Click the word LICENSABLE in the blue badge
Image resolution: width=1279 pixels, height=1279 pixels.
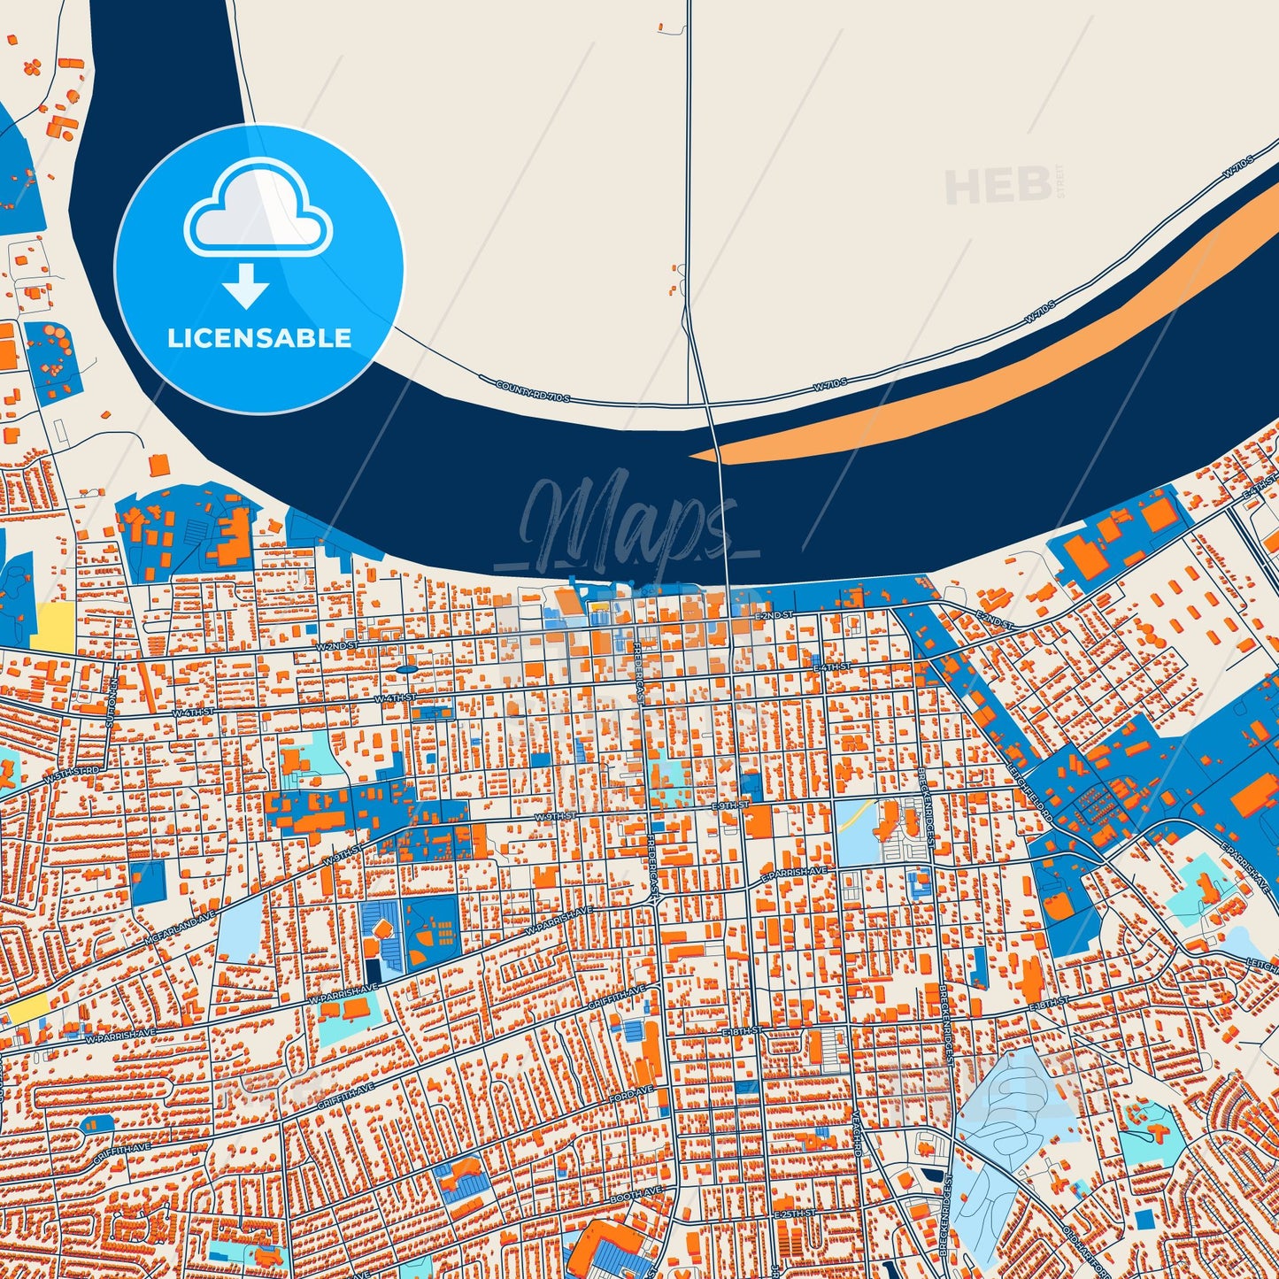coord(259,338)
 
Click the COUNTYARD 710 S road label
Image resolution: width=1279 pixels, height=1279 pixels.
coord(533,390)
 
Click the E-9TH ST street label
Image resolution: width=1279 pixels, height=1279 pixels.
coord(730,806)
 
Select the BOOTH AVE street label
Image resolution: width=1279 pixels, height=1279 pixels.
coord(636,1195)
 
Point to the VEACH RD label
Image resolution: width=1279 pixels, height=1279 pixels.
coord(857,1136)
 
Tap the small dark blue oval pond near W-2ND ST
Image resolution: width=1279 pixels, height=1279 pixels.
coord(405,669)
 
